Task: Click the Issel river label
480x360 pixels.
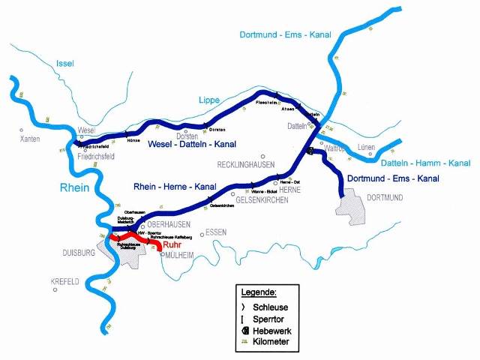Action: [65, 64]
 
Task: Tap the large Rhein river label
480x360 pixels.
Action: [75, 187]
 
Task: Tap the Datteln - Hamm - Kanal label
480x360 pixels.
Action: [425, 163]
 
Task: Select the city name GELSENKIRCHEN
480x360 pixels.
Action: [251, 199]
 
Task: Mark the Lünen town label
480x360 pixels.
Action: [367, 147]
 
